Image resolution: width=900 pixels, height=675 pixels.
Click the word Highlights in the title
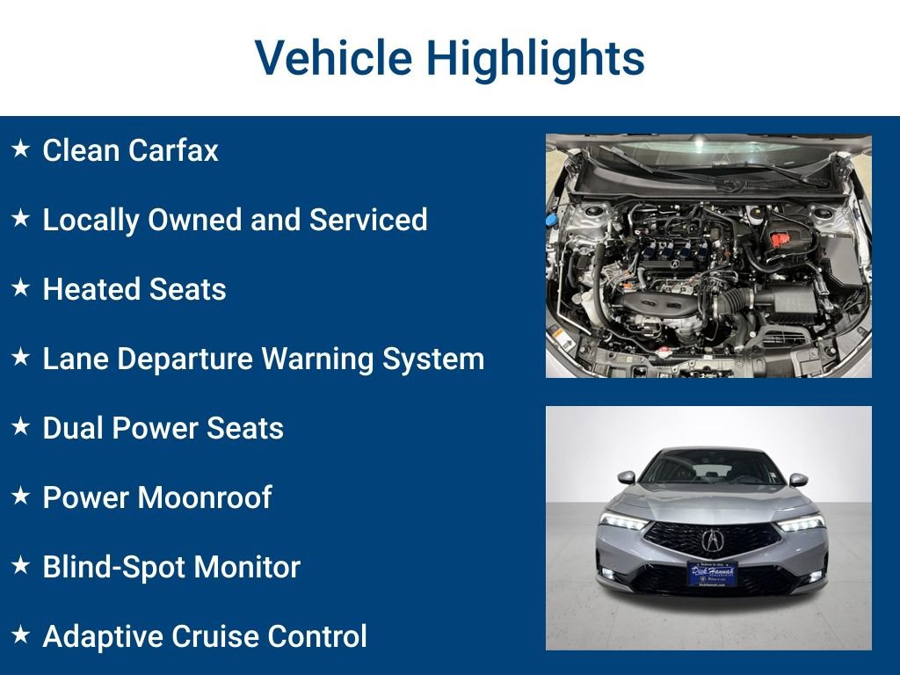click(535, 59)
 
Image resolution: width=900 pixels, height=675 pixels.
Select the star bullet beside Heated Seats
click(20, 287)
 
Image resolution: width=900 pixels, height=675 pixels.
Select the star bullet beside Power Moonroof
click(20, 496)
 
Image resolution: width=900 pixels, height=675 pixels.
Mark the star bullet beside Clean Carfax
click(20, 149)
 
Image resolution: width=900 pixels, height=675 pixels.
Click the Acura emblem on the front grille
click(711, 539)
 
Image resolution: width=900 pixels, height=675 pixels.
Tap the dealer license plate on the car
click(711, 574)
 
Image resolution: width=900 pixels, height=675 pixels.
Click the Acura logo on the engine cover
click(675, 261)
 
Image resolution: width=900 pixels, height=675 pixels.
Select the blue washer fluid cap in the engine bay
click(553, 219)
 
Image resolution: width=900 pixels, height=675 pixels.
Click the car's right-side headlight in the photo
click(801, 523)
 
